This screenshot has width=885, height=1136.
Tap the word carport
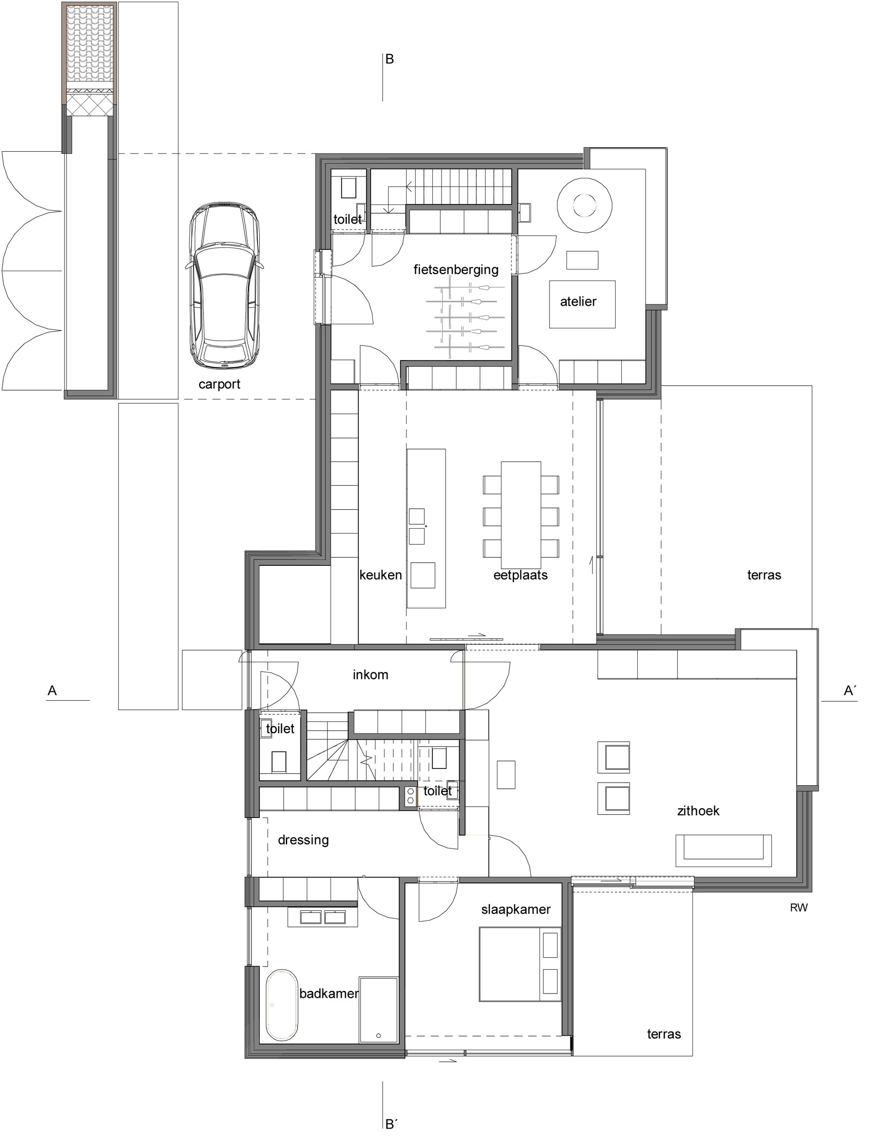point(219,385)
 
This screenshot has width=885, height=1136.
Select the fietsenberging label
point(456,269)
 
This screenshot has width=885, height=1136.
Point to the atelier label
point(578,301)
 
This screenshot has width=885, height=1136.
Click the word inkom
point(370,675)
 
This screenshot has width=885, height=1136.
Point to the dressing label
point(303,840)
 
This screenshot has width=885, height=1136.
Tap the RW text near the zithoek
point(799,908)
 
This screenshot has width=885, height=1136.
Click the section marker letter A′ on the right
point(850,690)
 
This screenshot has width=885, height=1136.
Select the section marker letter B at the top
point(389,59)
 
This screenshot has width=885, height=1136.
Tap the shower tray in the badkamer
point(378,1010)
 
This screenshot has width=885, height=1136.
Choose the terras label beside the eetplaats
point(764,575)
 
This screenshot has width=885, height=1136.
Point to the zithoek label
point(698,810)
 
